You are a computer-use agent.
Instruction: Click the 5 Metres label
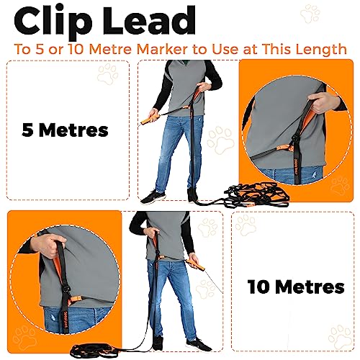point(65,130)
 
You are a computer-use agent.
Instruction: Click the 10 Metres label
point(296,287)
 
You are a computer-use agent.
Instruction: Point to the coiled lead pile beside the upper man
point(257,194)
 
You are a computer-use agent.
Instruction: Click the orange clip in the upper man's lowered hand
point(150,120)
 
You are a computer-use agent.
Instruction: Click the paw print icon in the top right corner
point(310,14)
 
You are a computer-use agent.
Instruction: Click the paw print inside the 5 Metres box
point(108,75)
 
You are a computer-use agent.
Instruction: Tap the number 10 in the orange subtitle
point(77,49)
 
